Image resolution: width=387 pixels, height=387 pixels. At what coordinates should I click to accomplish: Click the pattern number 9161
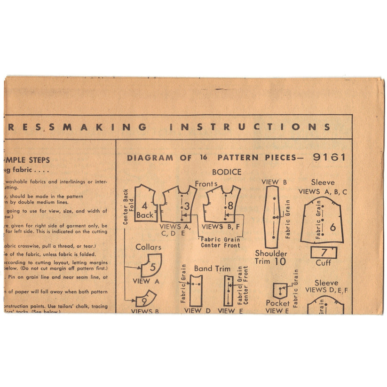329,157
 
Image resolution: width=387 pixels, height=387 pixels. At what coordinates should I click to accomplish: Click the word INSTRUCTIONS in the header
250,127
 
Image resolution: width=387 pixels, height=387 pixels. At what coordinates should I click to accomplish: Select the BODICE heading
226,172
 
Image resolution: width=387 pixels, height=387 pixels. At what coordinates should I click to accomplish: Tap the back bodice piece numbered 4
146,204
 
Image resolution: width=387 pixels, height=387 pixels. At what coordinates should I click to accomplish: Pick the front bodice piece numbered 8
222,204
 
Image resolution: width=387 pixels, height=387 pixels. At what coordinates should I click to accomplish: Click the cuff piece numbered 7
324,252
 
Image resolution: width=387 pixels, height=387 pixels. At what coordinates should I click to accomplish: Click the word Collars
148,247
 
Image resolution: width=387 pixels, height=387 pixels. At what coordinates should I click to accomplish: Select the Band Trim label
213,269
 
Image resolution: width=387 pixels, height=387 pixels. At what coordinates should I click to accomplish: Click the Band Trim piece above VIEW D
196,290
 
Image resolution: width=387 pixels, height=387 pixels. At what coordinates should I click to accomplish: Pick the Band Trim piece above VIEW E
228,291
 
